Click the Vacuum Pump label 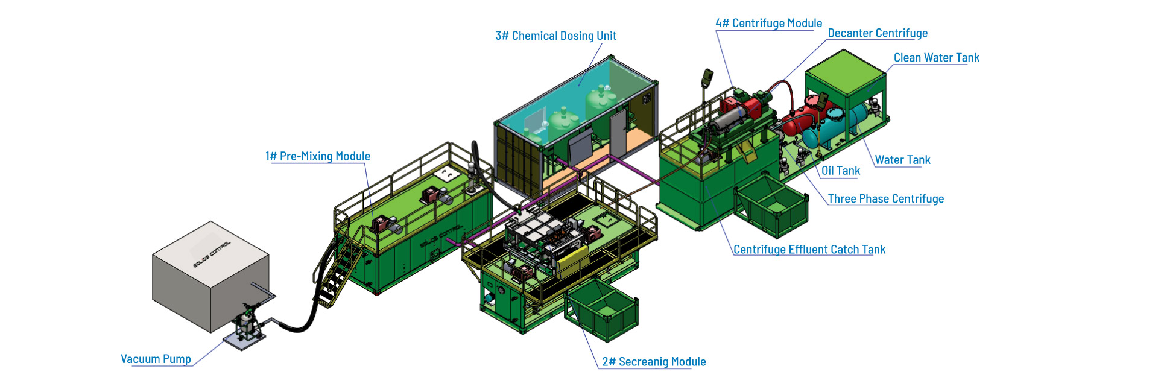point(156,359)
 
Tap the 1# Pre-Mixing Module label point(318,156)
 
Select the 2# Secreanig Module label point(654,362)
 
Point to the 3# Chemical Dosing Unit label point(555,36)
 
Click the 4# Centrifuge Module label point(768,24)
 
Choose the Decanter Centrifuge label point(878,34)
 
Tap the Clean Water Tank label point(936,58)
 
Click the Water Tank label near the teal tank point(902,160)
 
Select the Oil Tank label point(841,171)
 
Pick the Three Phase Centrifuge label point(885,199)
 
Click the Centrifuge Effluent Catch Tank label point(809,250)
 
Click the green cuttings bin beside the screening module point(602,311)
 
